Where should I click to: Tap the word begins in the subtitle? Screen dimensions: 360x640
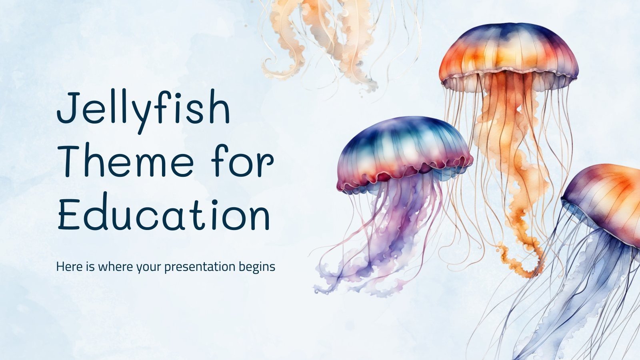click(x=258, y=267)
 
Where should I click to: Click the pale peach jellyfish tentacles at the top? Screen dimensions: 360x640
click(x=320, y=36)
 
